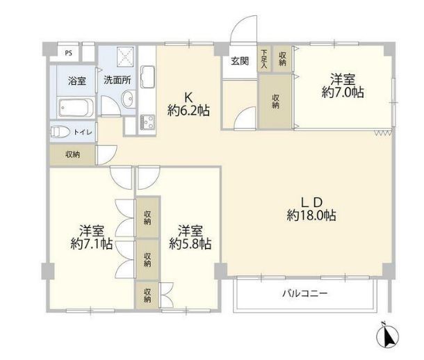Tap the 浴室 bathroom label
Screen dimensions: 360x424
pyautogui.click(x=76, y=81)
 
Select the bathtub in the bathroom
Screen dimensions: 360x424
pyautogui.click(x=76, y=108)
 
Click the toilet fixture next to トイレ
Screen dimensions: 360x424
pyautogui.click(x=61, y=131)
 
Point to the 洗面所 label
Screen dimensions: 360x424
pyautogui.click(x=117, y=81)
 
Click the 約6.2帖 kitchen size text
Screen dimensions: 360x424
pyautogui.click(x=189, y=110)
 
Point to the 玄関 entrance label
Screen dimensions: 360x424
pyautogui.click(x=240, y=60)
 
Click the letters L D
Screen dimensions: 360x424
pyautogui.click(x=311, y=202)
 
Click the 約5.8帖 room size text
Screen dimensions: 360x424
pyautogui.click(x=190, y=244)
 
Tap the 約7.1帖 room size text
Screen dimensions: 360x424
pyautogui.click(x=92, y=244)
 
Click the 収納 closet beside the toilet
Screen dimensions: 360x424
pyautogui.click(x=72, y=154)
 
